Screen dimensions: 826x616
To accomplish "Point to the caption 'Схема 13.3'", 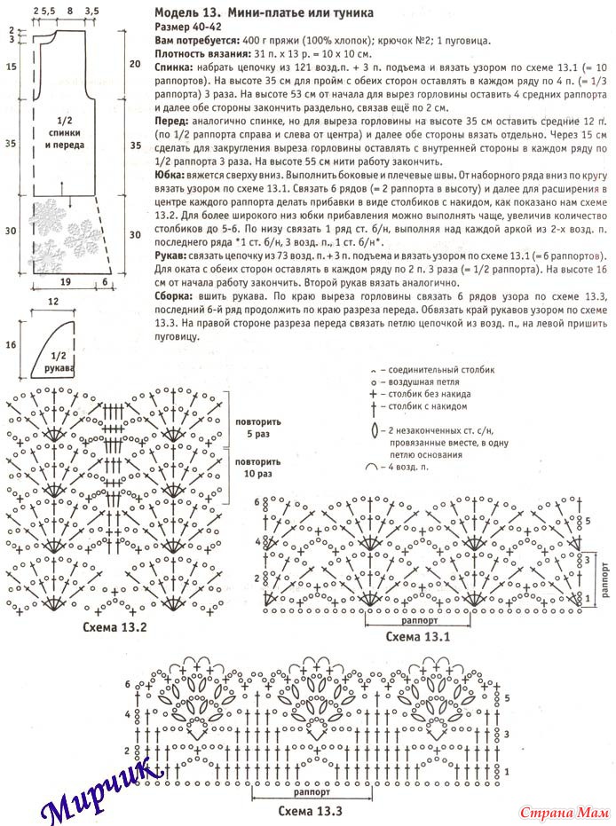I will [310, 810].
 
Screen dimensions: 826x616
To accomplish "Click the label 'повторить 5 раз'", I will [257, 429].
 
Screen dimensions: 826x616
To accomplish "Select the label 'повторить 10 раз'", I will [257, 468].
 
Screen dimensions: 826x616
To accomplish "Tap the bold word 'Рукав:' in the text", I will [171, 254].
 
